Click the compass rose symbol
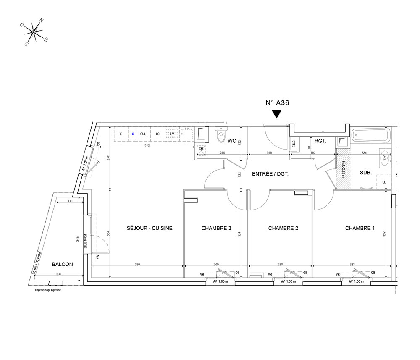coord(34,32)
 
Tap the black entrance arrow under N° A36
coord(276,114)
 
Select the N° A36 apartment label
coord(277,102)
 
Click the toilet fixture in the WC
coord(219,136)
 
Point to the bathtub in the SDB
coord(371,136)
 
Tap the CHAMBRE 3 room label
coord(216,229)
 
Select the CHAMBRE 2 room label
coord(283,229)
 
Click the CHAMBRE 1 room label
coord(360,229)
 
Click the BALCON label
coord(63,264)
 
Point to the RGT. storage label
coord(320,142)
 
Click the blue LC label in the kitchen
coord(132,134)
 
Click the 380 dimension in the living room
coord(137,264)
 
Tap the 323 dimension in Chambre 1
coord(352,264)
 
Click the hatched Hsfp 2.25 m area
coord(343,171)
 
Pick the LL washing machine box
coord(384,182)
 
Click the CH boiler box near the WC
coord(201,149)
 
